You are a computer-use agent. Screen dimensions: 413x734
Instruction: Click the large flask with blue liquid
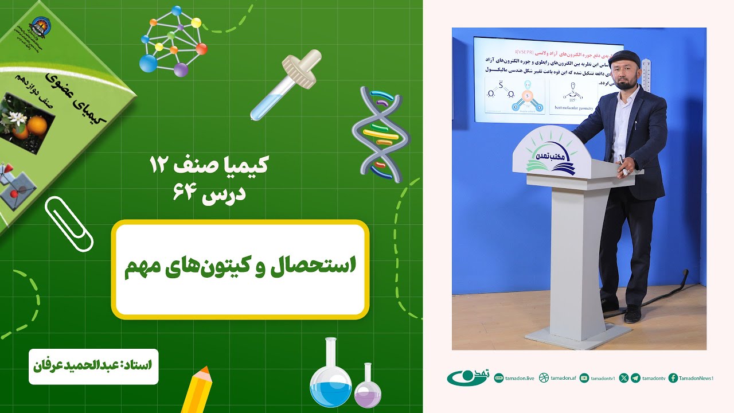coord(331,376)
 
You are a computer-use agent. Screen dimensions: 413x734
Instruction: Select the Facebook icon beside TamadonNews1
coord(673,378)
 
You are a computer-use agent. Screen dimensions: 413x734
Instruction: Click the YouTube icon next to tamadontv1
coord(584,378)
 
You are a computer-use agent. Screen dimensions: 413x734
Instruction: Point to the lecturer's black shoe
coord(632,314)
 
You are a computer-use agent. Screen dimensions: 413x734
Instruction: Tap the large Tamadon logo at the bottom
coord(467,377)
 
